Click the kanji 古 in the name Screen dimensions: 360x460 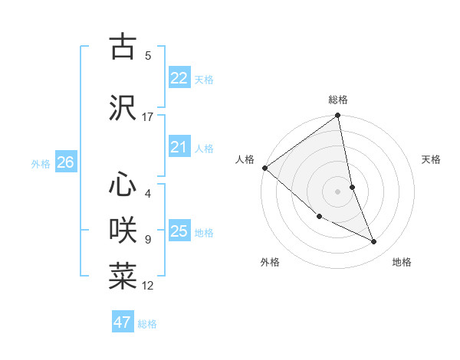[123, 46]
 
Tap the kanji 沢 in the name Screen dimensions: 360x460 [123, 107]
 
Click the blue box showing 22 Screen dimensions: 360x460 [179, 78]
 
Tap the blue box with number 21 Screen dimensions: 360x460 [179, 147]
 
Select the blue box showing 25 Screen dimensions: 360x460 [179, 231]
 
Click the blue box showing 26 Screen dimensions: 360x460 [66, 162]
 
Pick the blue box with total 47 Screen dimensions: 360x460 [123, 322]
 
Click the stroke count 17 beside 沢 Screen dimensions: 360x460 [147, 117]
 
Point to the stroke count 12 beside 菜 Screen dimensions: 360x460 [148, 286]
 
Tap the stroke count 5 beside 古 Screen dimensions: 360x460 [148, 55]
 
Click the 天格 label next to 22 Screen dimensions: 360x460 [204, 80]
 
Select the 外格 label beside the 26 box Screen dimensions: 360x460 [41, 164]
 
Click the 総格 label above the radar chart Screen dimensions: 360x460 [338, 100]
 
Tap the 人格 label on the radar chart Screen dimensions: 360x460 [245, 159]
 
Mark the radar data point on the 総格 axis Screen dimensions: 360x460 [338, 116]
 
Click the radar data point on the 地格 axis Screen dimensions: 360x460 [374, 242]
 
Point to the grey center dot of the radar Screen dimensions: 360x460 [338, 191]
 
